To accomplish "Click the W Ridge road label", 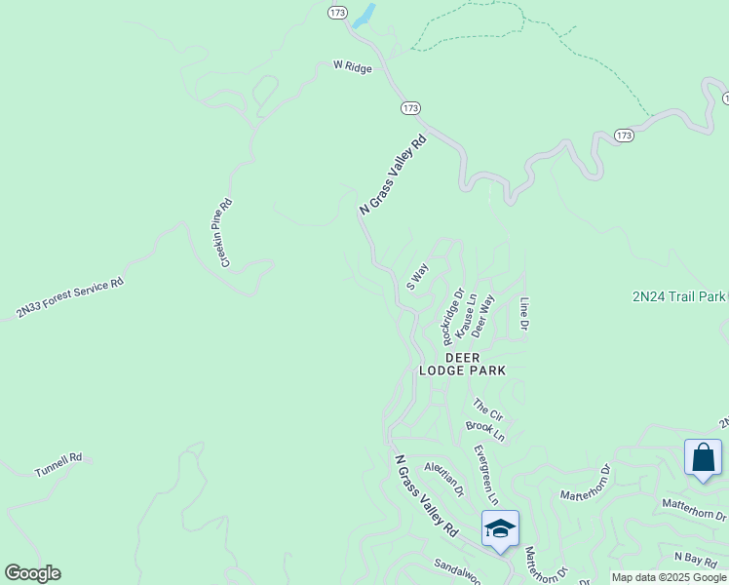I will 352,66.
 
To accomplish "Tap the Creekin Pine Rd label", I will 224,233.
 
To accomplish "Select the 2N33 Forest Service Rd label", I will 70,298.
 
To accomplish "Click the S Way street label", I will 417,276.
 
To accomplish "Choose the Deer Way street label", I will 484,315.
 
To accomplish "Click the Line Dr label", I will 524,312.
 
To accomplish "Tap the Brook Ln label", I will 485,429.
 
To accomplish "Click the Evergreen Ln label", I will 485,475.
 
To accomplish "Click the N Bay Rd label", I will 695,558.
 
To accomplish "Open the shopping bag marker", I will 703,458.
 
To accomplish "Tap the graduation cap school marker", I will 500,529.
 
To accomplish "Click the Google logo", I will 32,573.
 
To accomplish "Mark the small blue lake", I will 364,16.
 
